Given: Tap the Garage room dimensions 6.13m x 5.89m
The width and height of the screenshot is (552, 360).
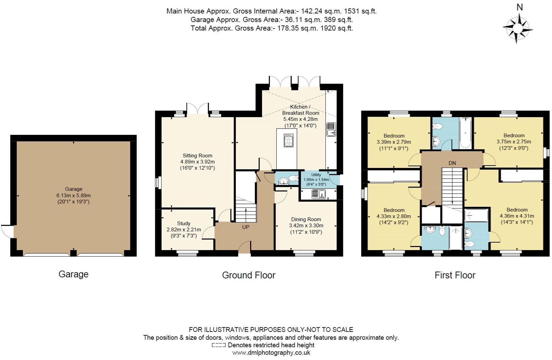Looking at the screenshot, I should (x=73, y=195).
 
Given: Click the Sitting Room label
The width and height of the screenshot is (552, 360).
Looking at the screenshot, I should (x=197, y=156).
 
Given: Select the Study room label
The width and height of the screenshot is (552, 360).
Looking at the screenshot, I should (x=183, y=224).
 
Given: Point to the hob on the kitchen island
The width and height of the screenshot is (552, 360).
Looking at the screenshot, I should (x=288, y=140).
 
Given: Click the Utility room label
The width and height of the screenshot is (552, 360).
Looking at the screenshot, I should (x=316, y=175).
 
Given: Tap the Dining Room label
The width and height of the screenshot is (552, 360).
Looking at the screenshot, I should (x=306, y=219).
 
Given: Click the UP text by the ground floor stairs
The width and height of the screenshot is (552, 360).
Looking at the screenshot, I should (x=246, y=227).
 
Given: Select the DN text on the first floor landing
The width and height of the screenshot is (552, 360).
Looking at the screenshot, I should (x=452, y=163).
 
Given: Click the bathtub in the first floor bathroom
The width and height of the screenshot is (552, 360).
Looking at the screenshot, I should (x=465, y=133).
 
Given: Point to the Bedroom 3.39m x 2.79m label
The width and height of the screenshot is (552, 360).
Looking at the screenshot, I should (x=394, y=136).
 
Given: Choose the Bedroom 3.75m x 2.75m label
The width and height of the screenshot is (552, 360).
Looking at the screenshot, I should (x=514, y=135).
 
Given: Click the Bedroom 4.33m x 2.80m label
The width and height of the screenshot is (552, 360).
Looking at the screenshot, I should (x=394, y=210).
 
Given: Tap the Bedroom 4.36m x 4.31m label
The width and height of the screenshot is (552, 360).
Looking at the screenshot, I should (x=517, y=210).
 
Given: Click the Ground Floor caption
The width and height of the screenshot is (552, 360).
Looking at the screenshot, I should (x=249, y=275).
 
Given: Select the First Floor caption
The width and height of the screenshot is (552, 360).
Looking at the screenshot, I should (x=455, y=275).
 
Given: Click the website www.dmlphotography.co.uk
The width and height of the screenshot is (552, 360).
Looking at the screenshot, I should (x=271, y=353).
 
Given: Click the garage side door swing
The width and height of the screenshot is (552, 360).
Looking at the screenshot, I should (x=7, y=231).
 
